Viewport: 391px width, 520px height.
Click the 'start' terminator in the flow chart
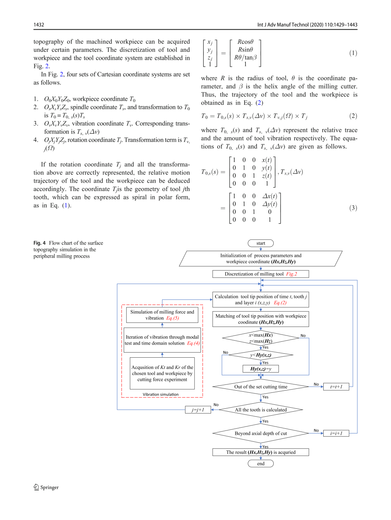[x=261, y=243]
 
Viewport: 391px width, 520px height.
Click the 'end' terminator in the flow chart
[x=261, y=463]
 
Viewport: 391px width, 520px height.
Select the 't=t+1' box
[x=336, y=387]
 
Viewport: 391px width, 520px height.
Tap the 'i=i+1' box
[x=336, y=433]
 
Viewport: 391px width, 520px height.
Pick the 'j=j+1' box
[x=198, y=409]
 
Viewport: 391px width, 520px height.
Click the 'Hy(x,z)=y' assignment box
[x=261, y=369]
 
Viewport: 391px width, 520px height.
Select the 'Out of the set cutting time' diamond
[x=261, y=387]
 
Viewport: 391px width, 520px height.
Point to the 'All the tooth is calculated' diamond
[x=261, y=409]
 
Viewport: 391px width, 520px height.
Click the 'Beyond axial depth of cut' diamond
[x=261, y=433]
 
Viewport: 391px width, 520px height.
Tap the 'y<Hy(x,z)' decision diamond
[x=261, y=355]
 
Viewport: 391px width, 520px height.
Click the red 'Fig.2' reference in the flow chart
[x=291, y=274]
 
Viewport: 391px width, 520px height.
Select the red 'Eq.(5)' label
[x=173, y=318]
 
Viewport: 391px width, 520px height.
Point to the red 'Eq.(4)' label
[x=193, y=343]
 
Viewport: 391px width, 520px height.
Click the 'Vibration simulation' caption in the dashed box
[x=160, y=394]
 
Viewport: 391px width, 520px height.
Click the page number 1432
[x=39, y=25]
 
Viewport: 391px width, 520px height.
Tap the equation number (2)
[x=353, y=116]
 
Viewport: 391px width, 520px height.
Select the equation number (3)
[x=353, y=208]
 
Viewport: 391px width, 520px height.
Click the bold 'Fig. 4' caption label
[x=39, y=243]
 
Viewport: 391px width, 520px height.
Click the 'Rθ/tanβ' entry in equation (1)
[x=245, y=57]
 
